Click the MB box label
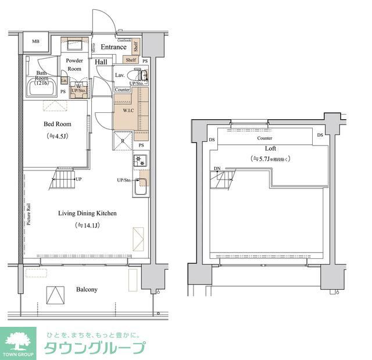point(35,41)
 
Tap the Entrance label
point(113,47)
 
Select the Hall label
point(101,62)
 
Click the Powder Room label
point(74,64)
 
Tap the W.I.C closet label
point(128,110)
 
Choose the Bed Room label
point(57,124)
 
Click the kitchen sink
point(141,187)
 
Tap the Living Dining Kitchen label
point(87,213)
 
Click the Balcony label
point(87,289)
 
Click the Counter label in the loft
point(264,138)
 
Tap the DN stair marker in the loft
point(217,169)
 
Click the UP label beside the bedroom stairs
point(78,179)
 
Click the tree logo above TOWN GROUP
point(20,339)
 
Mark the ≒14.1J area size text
point(87,225)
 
